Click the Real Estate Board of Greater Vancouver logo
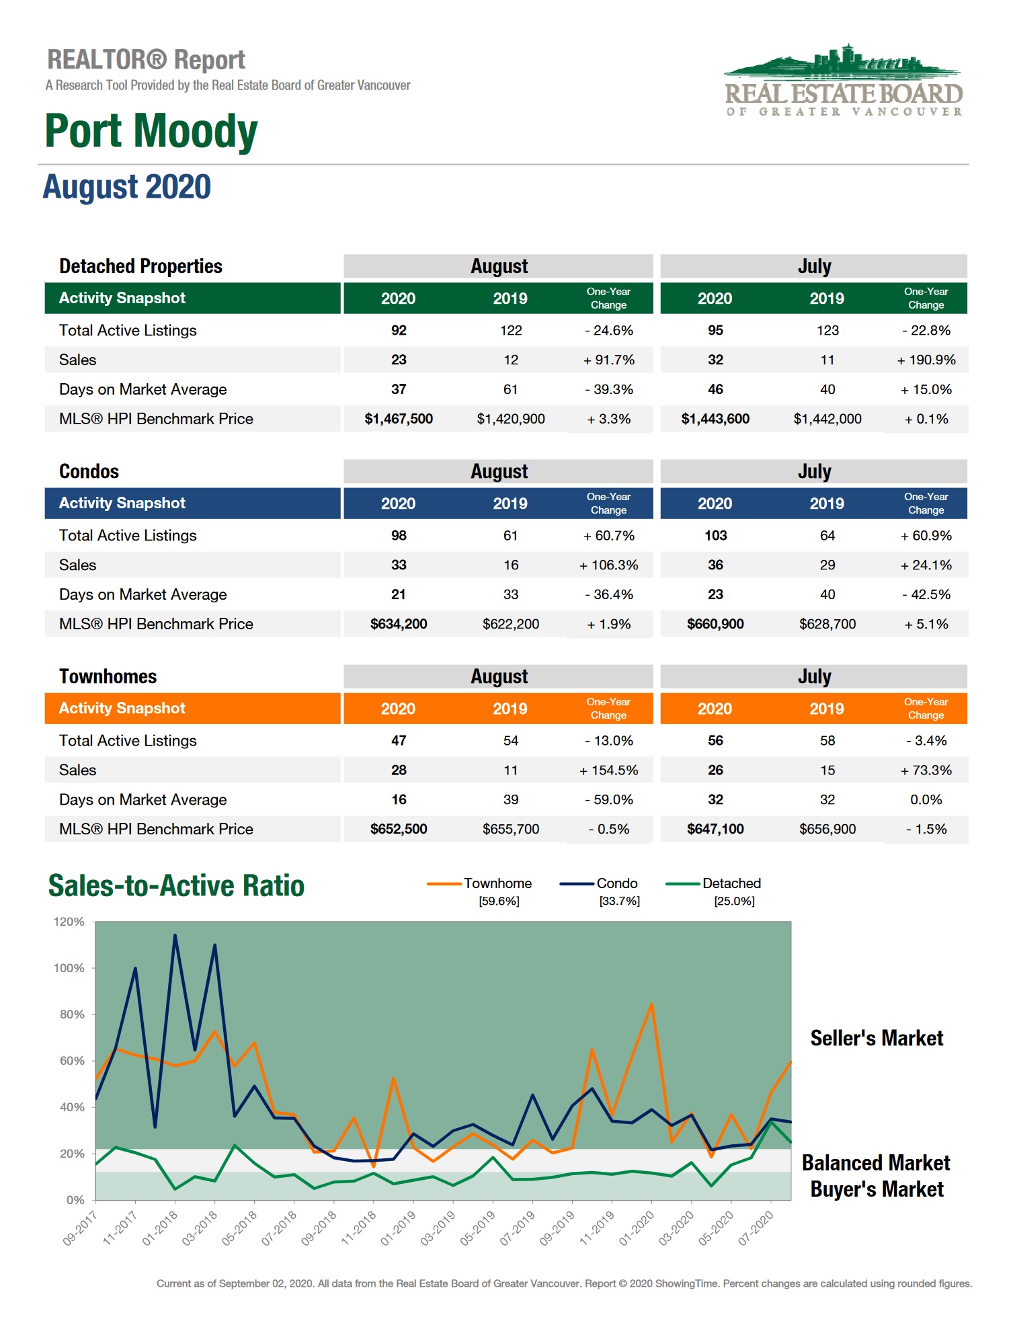coord(844,81)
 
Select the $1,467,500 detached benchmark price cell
coord(399,419)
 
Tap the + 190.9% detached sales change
coord(926,360)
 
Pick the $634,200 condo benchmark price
coord(399,624)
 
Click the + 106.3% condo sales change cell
coord(608,565)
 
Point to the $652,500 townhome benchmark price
coord(399,829)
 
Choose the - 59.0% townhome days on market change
coord(608,799)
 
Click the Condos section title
coord(89,471)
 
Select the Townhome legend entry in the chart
coord(497,883)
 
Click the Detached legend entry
coord(731,883)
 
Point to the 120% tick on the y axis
coord(69,922)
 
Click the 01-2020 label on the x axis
coord(637,1228)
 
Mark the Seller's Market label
coord(877,1038)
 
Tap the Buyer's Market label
coord(877,1189)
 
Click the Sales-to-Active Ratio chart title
coord(176,885)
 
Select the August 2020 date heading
coord(127,187)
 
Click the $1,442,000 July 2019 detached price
coord(827,419)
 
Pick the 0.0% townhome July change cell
coord(926,799)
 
